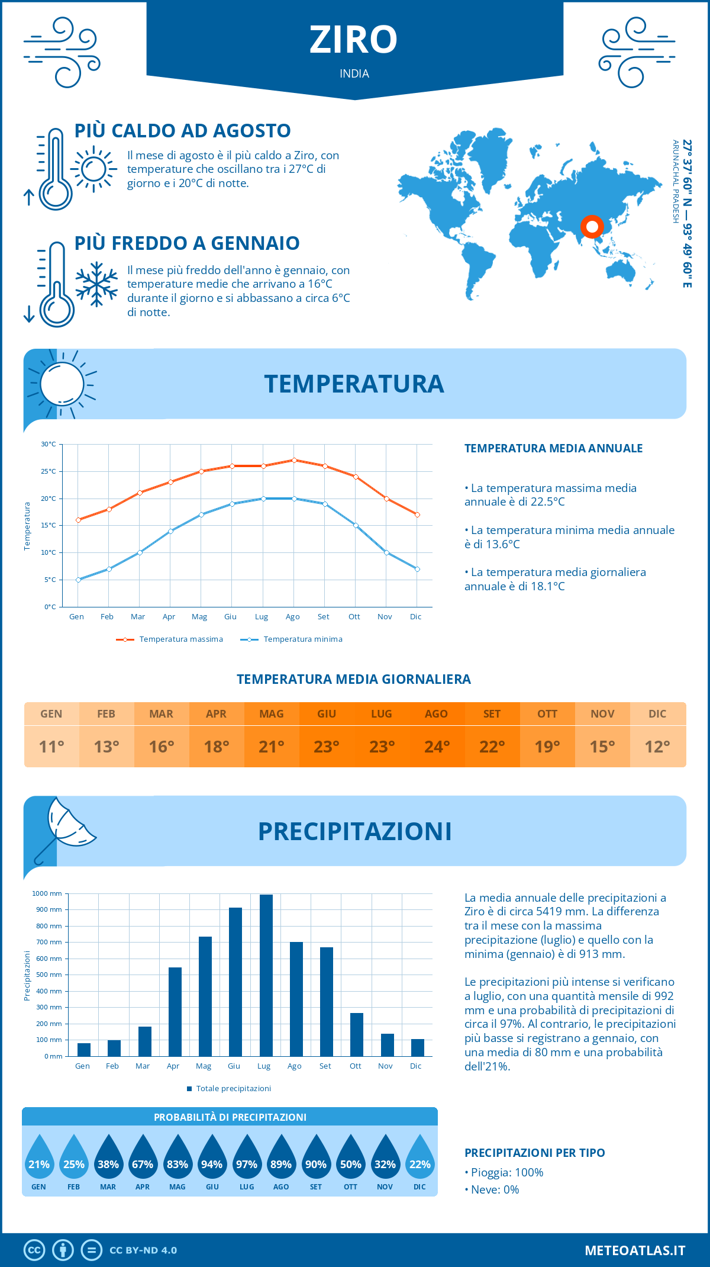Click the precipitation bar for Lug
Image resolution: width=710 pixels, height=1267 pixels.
coord(266,975)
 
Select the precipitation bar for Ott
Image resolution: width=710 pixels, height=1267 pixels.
coord(356,1034)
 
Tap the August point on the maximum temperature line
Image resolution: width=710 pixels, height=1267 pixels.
coord(294,460)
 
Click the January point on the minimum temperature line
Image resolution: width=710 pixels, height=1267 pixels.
coord(78,580)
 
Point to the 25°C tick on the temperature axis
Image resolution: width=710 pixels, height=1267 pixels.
coord(49,471)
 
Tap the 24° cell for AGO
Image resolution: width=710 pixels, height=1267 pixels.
coord(437,747)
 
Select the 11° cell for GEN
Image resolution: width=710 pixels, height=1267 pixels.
coord(51,747)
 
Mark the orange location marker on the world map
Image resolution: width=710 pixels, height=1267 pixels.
coord(592,227)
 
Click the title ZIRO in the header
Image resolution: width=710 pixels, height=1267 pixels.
coord(354,40)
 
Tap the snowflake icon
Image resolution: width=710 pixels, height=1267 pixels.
coord(96,284)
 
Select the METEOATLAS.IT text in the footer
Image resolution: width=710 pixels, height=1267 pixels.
coord(635,1250)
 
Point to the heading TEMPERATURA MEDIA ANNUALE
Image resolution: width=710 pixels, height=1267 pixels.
coord(553,448)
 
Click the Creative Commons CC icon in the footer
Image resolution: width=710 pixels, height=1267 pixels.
coord(34,1250)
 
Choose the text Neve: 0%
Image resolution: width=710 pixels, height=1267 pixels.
coord(495,1189)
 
